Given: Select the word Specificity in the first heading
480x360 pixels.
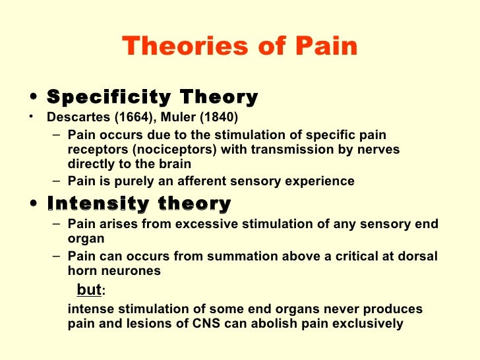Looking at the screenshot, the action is tap(100, 98).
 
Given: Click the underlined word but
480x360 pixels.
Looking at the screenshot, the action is tap(89, 289).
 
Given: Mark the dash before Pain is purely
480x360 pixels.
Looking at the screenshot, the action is tap(57, 181).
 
